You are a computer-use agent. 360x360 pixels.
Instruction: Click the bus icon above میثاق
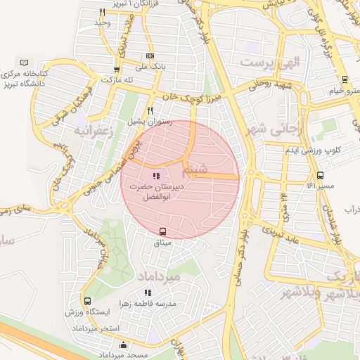tap(163, 231)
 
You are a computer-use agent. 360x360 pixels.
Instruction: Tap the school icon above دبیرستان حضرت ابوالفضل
tap(155, 176)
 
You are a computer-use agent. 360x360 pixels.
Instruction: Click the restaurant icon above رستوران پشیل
tap(150, 111)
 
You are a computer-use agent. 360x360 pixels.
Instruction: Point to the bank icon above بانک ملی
tap(150, 56)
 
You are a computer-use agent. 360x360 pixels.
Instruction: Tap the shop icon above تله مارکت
tap(117, 70)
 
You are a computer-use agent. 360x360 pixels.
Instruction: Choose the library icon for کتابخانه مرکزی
tap(25, 63)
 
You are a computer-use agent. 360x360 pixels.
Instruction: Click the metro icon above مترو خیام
tap(345, 79)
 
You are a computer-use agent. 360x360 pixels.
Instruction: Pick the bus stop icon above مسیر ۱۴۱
tap(321, 175)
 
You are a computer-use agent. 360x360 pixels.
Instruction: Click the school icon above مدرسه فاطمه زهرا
tap(148, 292)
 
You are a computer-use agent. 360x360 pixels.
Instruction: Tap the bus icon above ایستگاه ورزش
tap(86, 302)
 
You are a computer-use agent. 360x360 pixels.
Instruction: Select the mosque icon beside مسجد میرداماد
tap(124, 345)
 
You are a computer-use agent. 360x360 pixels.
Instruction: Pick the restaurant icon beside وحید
tap(103, 12)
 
